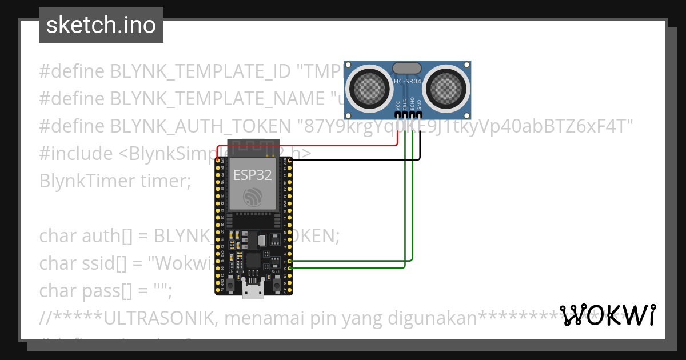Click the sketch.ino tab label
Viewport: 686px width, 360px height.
(x=101, y=25)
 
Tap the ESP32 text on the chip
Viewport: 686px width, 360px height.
(x=252, y=175)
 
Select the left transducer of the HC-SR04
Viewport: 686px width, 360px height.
(x=370, y=87)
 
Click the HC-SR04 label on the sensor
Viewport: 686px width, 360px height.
(x=408, y=82)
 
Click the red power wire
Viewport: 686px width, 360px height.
(x=309, y=145)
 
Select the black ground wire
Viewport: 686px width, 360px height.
(x=354, y=159)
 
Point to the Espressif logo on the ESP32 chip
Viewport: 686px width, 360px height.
(x=252, y=198)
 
